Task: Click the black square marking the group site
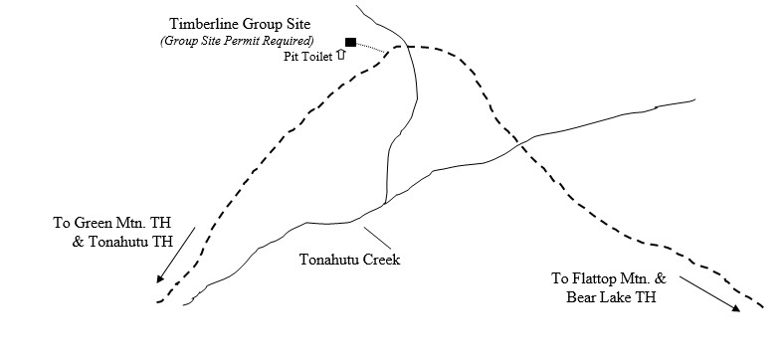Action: click(x=350, y=42)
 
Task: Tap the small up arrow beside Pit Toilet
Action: click(x=341, y=56)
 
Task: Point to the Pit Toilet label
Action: click(x=308, y=57)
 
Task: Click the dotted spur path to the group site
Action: click(x=372, y=46)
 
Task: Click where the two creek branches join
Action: click(x=384, y=206)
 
